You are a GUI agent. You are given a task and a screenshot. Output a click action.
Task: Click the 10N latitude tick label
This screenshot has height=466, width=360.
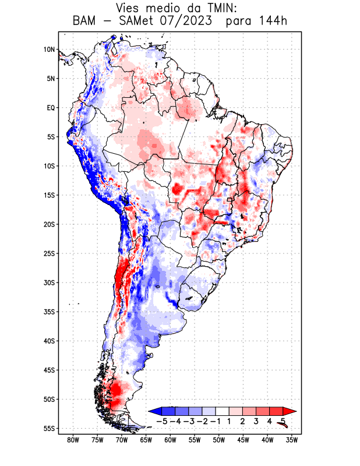click(49, 50)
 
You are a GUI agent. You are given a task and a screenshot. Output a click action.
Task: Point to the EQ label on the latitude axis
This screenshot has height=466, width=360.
click(50, 108)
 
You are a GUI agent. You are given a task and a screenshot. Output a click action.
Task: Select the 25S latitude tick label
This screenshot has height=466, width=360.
click(48, 253)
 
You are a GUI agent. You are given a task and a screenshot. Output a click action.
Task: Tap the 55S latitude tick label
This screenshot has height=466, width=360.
click(48, 428)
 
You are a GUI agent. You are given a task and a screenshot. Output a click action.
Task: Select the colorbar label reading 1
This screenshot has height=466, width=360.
click(230, 421)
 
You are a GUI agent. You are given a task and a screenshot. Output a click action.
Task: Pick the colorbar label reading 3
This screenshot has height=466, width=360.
click(256, 421)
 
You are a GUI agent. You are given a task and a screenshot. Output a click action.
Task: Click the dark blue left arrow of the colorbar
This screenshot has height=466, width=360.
click(153, 412)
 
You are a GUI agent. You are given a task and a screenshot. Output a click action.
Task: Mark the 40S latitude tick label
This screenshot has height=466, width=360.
click(48, 341)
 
